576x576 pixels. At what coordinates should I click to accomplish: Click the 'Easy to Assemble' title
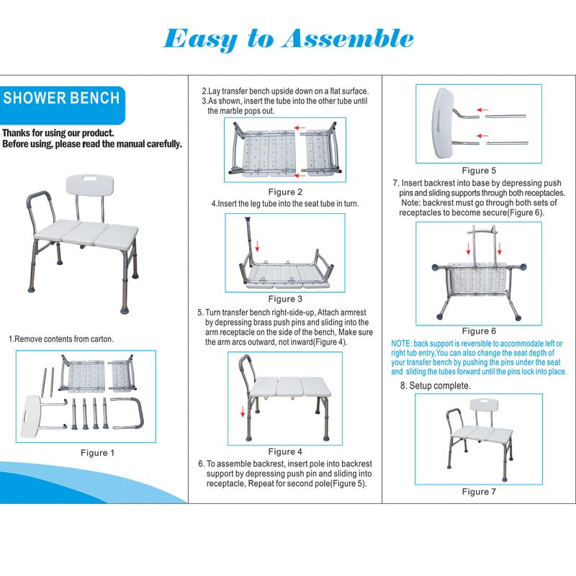click(x=288, y=37)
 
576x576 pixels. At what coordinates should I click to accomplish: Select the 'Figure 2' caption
click(x=286, y=192)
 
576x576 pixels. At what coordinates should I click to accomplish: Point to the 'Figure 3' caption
click(x=286, y=299)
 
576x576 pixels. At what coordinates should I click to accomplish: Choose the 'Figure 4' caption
click(x=286, y=451)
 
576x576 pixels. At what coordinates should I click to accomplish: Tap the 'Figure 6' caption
click(x=479, y=330)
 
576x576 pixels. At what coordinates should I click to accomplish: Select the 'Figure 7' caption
click(x=479, y=492)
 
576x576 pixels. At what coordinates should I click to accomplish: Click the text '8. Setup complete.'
click(x=436, y=386)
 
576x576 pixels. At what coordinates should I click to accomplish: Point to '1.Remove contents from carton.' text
click(x=61, y=338)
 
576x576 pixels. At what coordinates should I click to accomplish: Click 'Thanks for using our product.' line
click(x=58, y=133)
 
